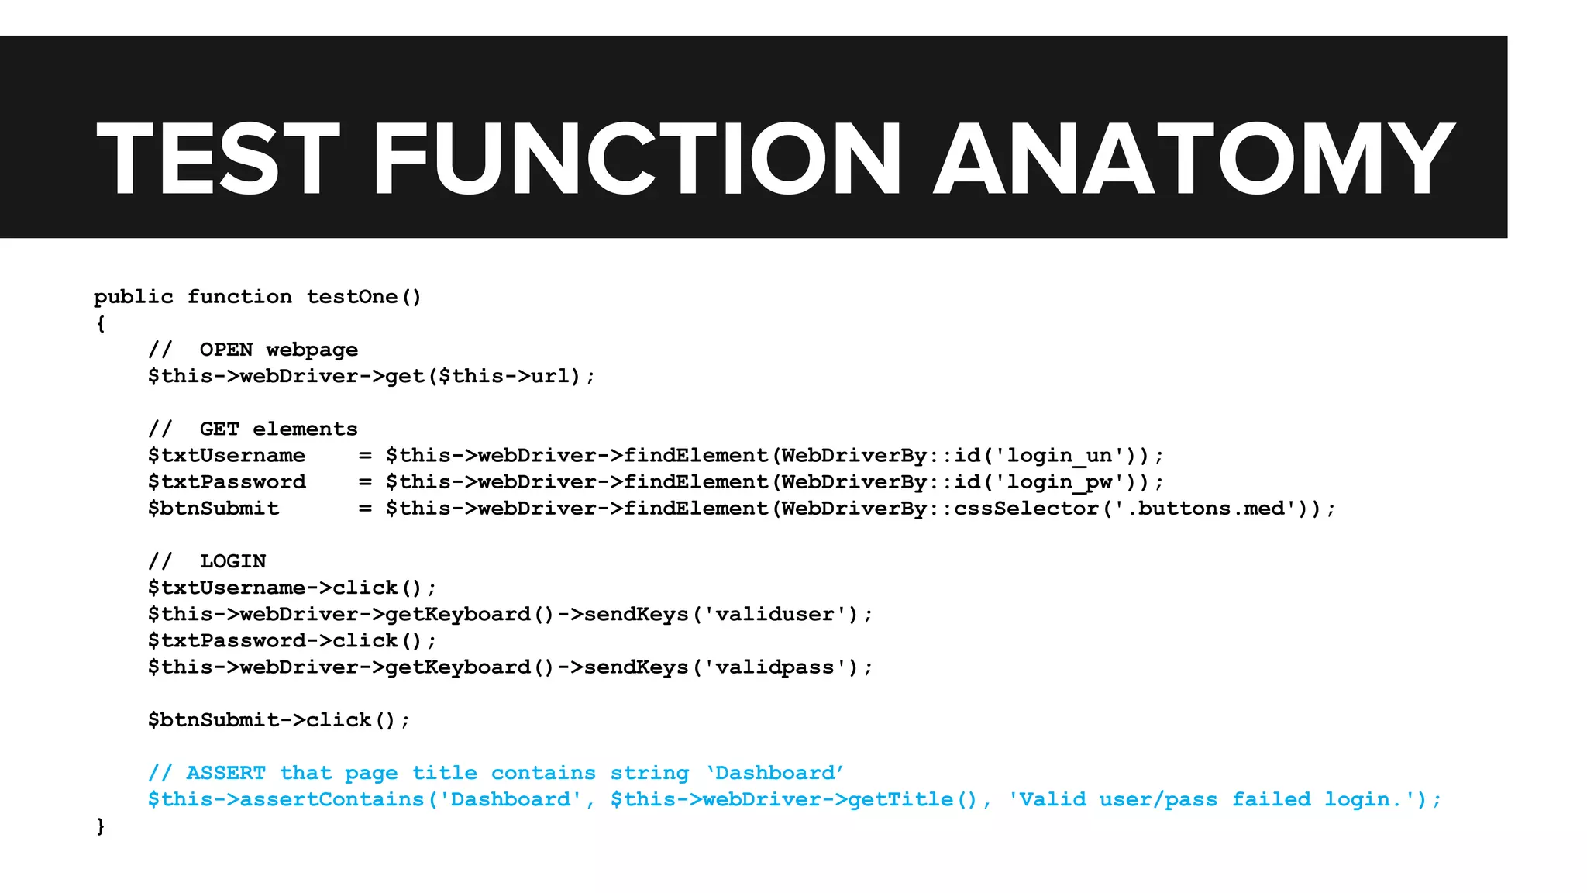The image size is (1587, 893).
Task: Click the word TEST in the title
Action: pos(218,159)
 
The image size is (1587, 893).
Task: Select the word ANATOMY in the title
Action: pos(1193,159)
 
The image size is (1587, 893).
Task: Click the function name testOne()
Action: pos(363,297)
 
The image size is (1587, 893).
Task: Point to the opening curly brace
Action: pos(101,323)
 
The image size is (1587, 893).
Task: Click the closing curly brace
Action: pos(101,826)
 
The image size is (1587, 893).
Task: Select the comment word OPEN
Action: pos(226,350)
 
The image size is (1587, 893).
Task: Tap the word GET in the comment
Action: pos(219,429)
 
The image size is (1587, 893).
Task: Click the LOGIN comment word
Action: pos(232,561)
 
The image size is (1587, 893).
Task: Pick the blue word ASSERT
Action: pos(225,773)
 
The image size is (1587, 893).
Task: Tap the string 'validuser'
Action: pos(774,615)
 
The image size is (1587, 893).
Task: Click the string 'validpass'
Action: pos(774,667)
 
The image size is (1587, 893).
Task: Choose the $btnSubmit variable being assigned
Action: pos(213,509)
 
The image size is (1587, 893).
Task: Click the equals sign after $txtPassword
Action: pos(365,482)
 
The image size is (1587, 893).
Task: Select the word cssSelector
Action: pos(1026,509)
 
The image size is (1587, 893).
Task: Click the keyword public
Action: pos(133,297)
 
